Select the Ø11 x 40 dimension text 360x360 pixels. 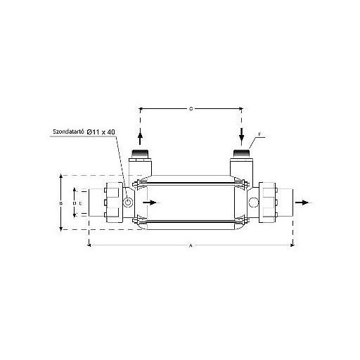point(105,131)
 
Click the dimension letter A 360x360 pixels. point(191,245)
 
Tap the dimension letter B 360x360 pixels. point(62,202)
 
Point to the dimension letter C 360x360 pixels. point(191,109)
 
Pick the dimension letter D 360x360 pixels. point(75,202)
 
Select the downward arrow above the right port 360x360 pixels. point(241,134)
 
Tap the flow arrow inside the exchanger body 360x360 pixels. point(150,202)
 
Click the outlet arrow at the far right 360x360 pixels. point(302,202)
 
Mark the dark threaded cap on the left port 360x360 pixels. point(141,153)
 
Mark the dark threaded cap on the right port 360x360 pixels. point(241,153)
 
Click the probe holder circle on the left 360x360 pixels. point(129,202)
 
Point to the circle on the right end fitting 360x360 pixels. point(253,202)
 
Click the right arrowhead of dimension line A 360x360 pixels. point(291,245)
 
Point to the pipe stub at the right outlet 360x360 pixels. point(285,202)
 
